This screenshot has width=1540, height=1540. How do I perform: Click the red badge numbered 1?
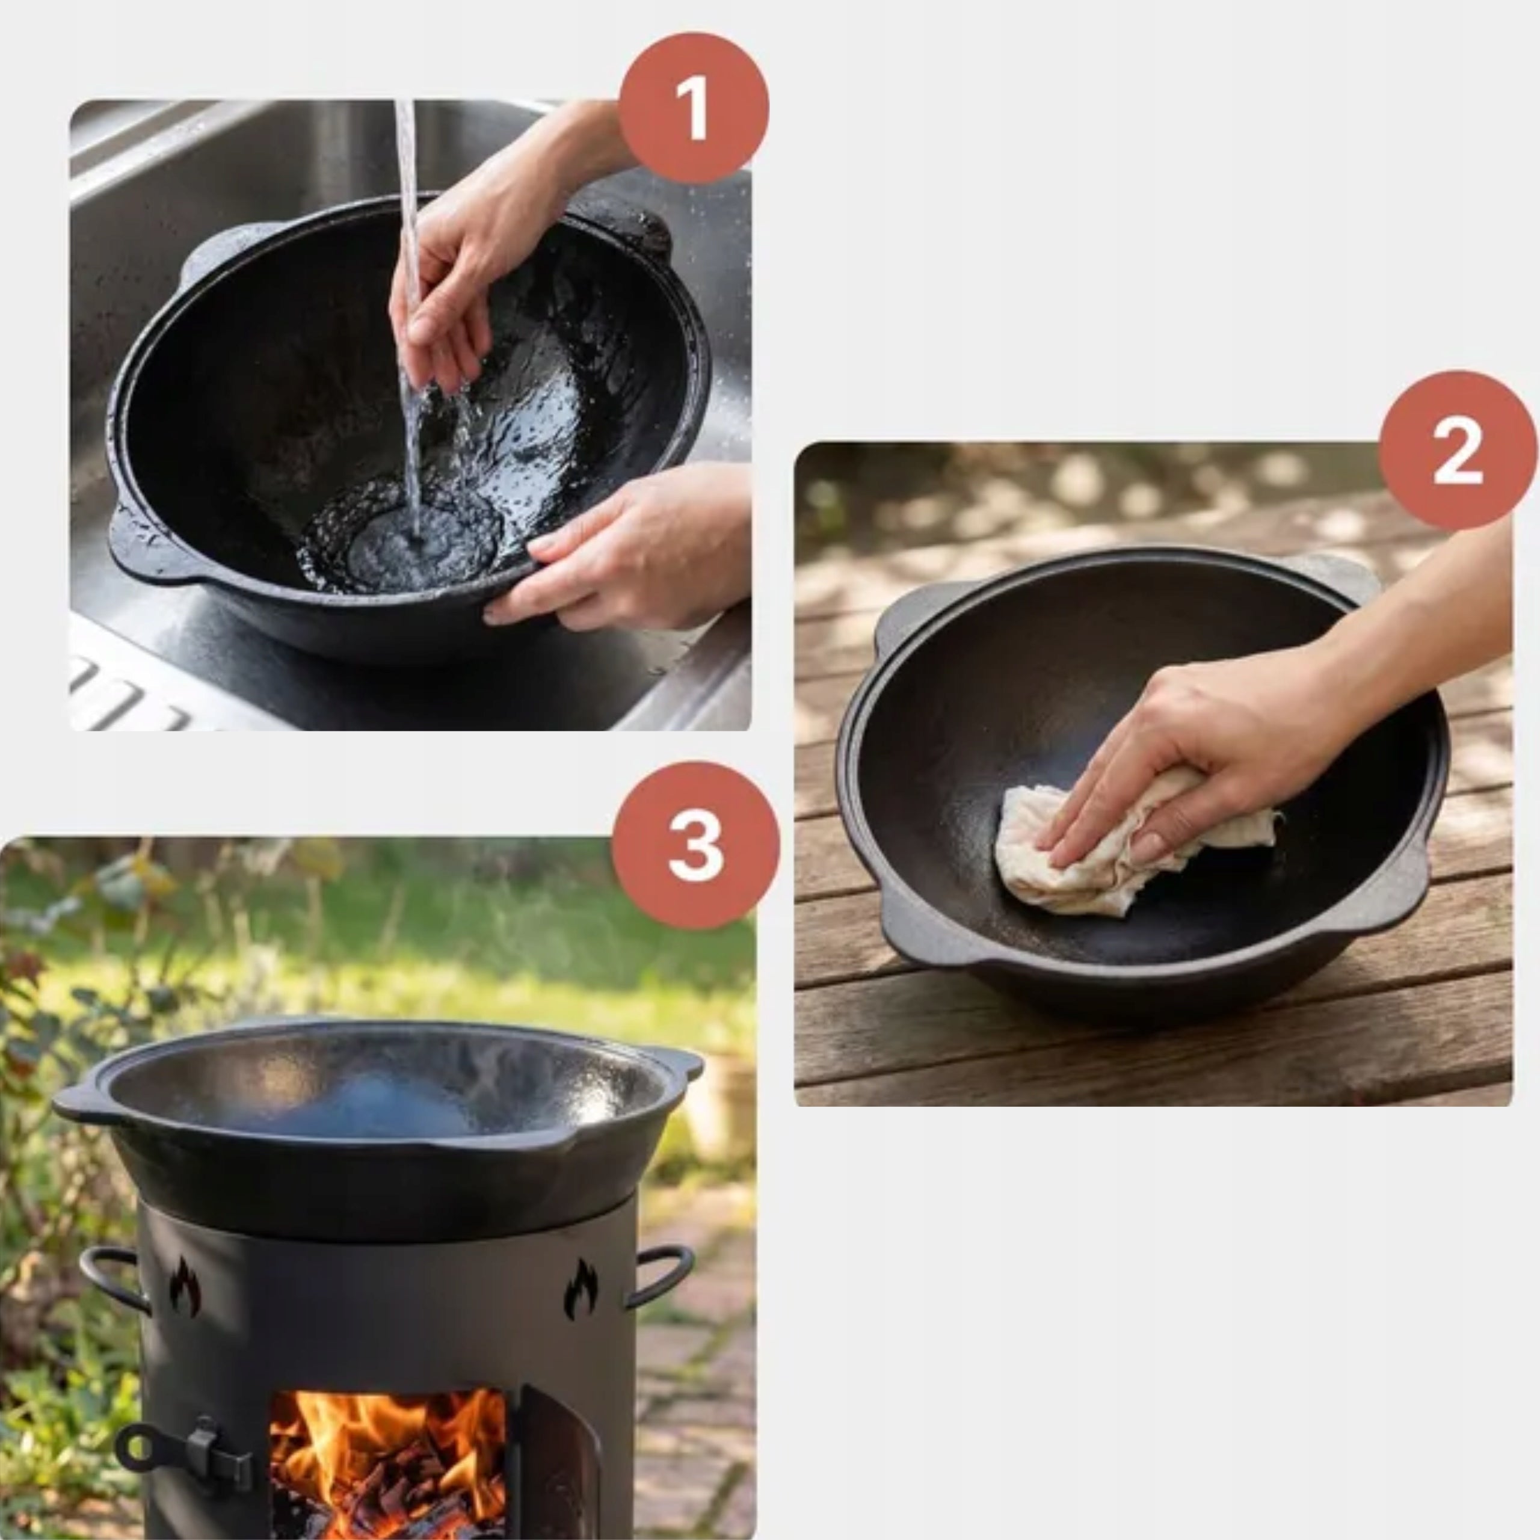pos(694,108)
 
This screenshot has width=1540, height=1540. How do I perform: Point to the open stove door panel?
pos(558,1467)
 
